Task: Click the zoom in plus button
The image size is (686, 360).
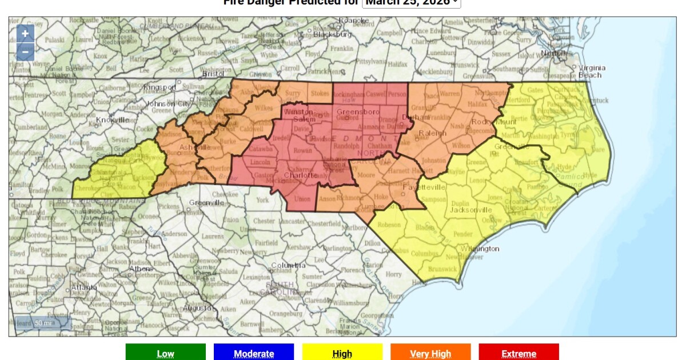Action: click(25, 34)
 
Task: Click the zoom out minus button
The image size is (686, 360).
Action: click(25, 51)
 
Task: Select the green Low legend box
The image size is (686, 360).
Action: click(165, 353)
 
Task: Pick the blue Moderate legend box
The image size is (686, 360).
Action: click(253, 353)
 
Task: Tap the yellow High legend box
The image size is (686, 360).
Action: click(342, 353)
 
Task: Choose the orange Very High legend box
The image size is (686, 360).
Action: click(430, 353)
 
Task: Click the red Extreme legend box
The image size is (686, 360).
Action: click(519, 353)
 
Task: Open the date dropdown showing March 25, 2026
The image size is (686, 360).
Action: click(412, 3)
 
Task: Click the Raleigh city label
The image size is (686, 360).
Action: click(432, 133)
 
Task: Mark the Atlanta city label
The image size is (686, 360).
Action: click(83, 287)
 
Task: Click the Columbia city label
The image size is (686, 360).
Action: click(288, 266)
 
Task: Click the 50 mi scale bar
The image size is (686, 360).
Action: click(43, 323)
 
